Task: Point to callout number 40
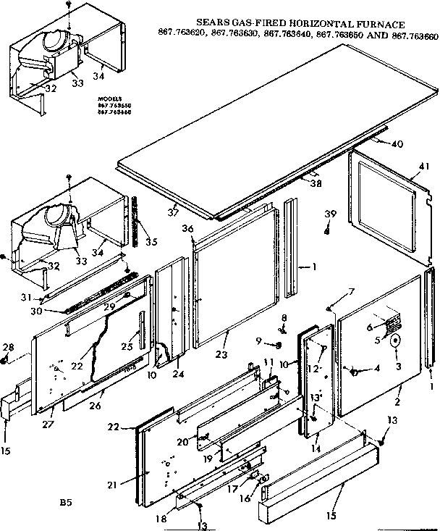coord(397,143)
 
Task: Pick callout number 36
coord(188,229)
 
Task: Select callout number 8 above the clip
coord(284,317)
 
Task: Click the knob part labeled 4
coord(356,372)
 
